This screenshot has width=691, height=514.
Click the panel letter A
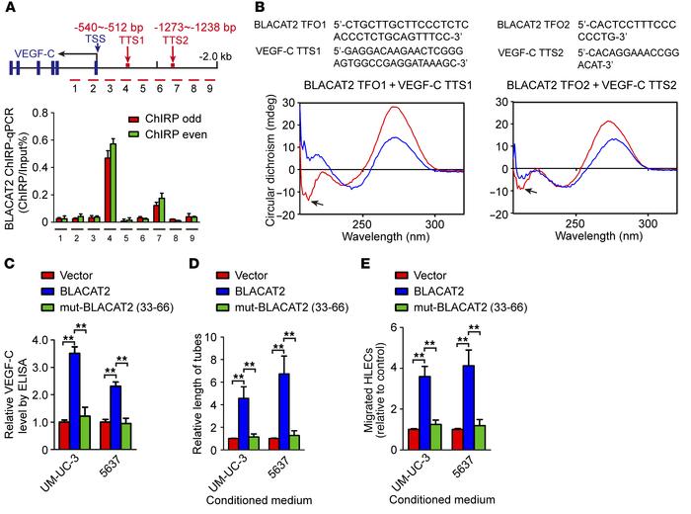coord(11,9)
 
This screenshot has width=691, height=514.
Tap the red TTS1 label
coord(128,43)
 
